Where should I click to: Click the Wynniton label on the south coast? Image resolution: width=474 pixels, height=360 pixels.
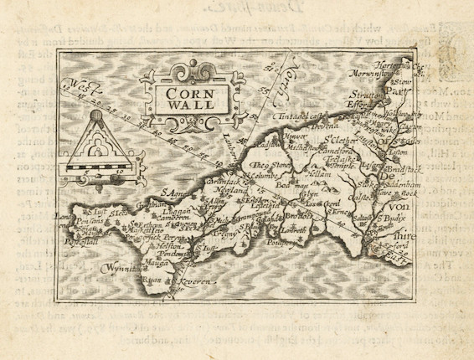pyautogui.click(x=121, y=270)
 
